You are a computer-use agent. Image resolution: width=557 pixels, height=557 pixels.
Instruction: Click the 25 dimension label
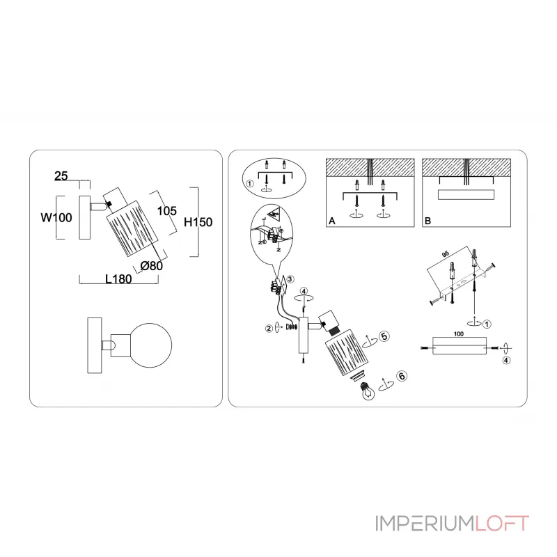[61, 177]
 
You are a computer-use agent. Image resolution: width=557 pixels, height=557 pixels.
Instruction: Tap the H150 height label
[198, 222]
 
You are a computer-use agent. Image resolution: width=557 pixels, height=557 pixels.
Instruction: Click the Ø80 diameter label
[151, 265]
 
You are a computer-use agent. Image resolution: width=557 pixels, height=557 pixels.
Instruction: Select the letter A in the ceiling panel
[332, 221]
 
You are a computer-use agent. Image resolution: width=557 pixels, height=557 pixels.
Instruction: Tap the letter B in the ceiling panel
[427, 221]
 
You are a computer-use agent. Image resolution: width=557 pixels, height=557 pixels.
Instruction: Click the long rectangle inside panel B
[466, 195]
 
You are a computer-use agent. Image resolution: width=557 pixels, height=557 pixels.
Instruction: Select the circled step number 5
[384, 335]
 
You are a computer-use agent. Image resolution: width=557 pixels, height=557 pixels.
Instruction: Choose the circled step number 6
[400, 375]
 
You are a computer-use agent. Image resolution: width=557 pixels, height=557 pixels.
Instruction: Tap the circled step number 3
[291, 279]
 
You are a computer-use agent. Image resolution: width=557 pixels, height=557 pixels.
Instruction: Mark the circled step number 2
[268, 327]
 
